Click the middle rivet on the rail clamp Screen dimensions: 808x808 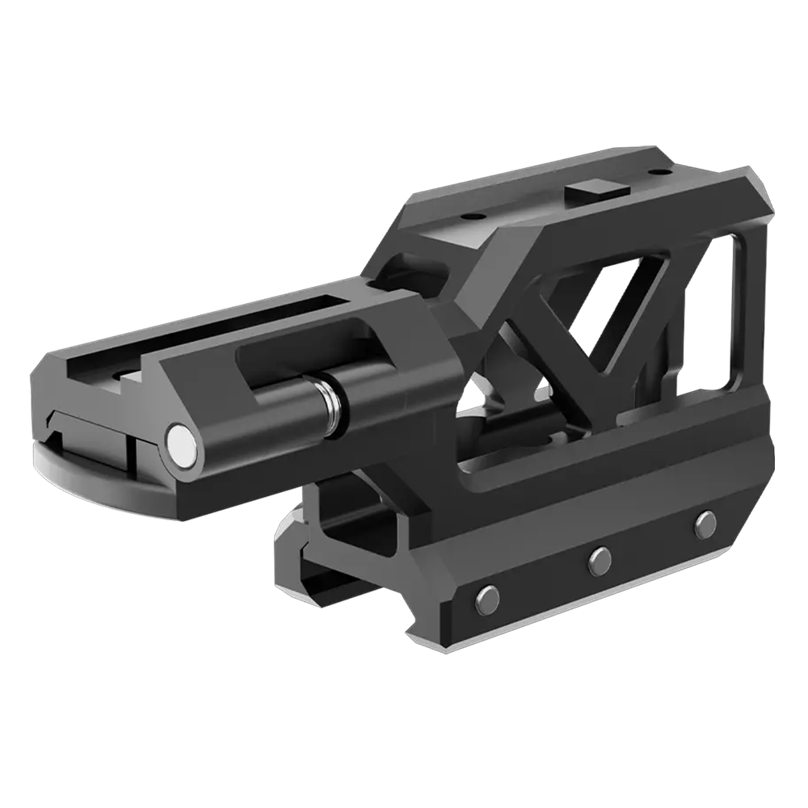599,559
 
